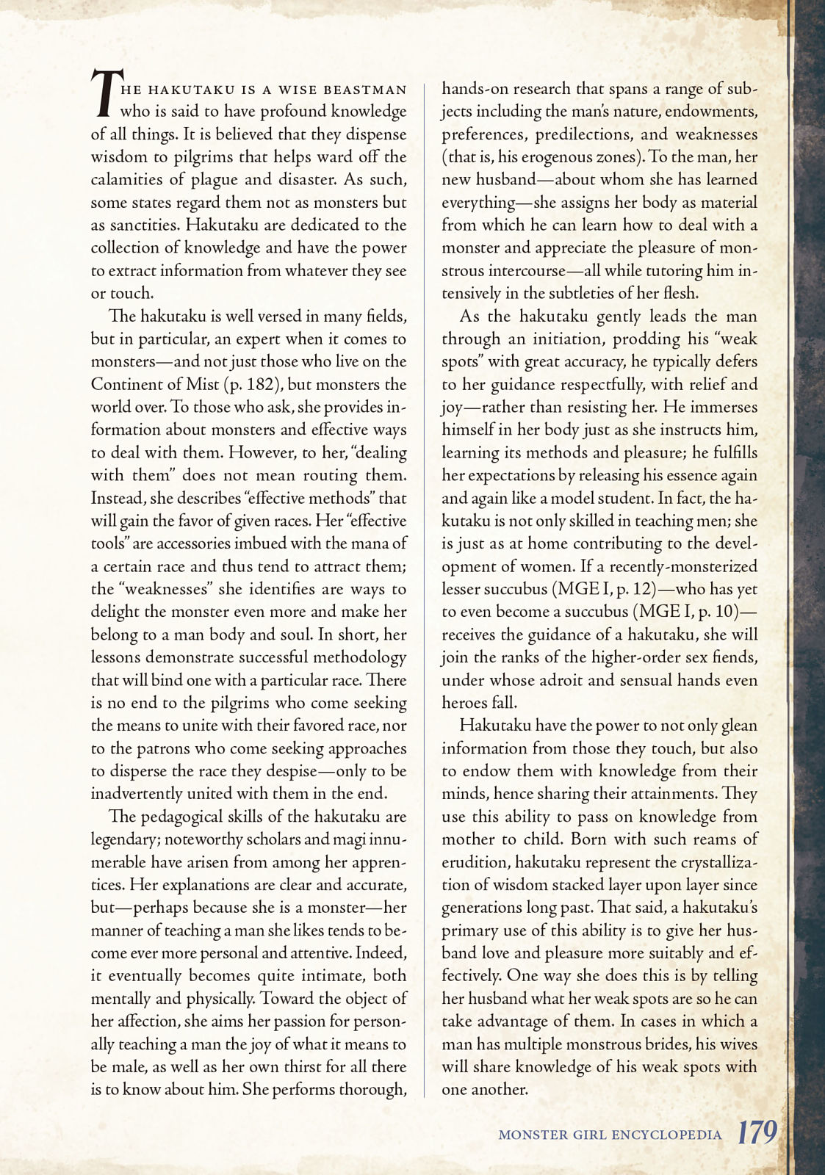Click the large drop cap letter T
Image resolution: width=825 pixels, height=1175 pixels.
click(x=104, y=93)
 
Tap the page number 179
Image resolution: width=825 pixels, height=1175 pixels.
click(x=757, y=1132)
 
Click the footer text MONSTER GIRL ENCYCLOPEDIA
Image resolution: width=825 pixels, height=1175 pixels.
click(x=610, y=1135)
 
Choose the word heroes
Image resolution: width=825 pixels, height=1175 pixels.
click(x=464, y=703)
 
